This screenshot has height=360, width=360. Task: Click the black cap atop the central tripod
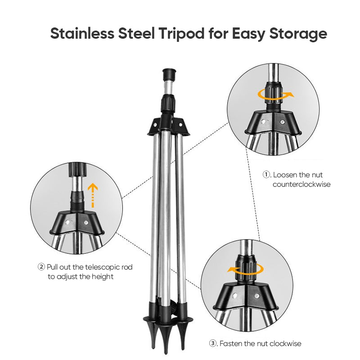(x=169, y=74)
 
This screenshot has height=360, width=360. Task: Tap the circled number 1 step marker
(x=266, y=175)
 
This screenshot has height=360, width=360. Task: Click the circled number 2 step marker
(x=41, y=267)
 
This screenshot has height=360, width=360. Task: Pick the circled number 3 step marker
(x=213, y=344)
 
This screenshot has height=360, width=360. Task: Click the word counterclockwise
(x=301, y=184)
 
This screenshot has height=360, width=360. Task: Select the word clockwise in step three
(x=284, y=344)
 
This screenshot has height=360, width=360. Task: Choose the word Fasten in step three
(x=232, y=344)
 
